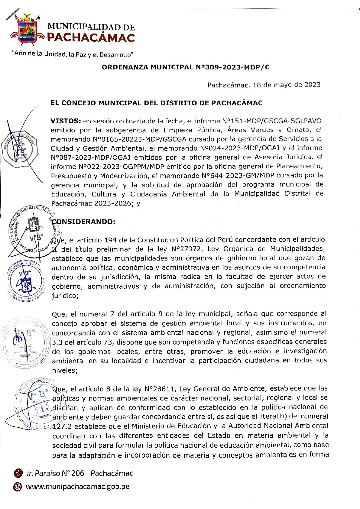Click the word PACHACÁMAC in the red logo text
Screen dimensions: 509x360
[91, 38]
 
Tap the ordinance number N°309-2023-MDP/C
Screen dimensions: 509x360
[232, 67]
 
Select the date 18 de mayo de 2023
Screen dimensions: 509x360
[287, 85]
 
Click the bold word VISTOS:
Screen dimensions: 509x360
[66, 121]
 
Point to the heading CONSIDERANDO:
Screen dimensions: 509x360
[84, 222]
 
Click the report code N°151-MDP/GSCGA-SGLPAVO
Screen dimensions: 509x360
[271, 121]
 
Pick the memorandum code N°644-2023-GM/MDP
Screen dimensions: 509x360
[241, 176]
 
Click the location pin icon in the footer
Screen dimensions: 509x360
[18, 473]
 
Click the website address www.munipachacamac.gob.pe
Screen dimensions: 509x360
[78, 487]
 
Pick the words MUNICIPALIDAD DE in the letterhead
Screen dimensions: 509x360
[91, 27]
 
